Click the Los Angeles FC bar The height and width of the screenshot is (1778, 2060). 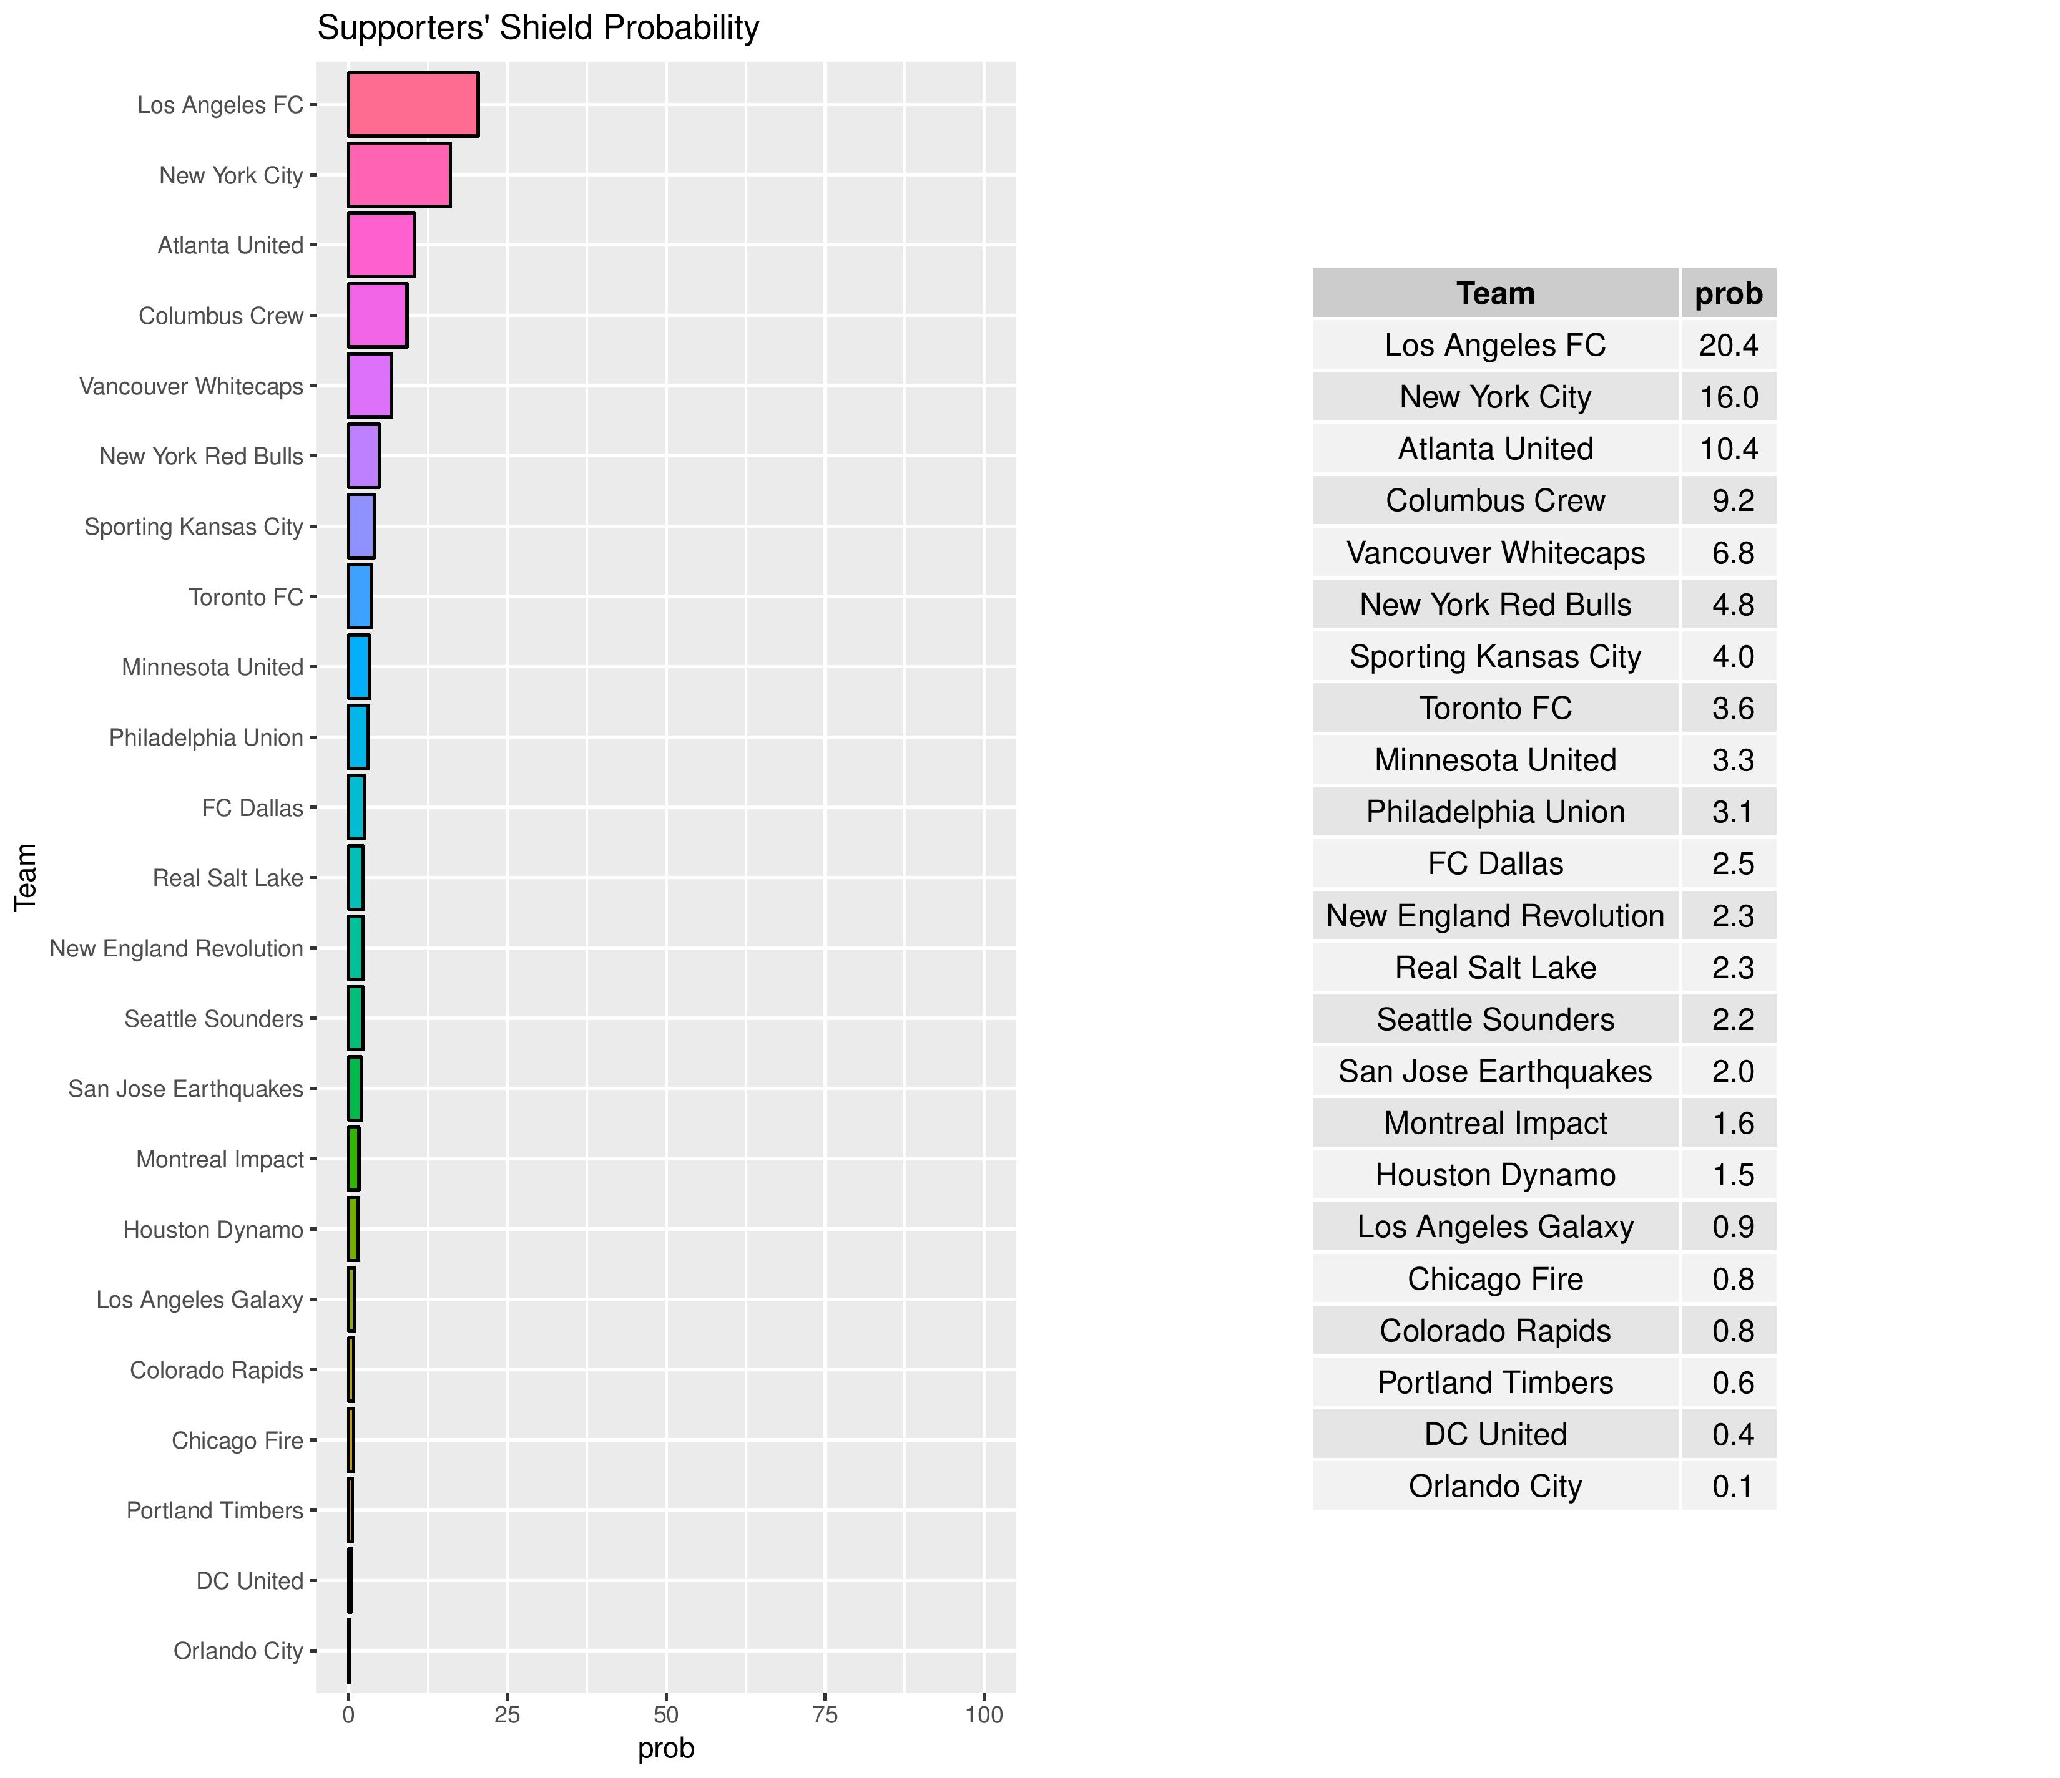(x=413, y=104)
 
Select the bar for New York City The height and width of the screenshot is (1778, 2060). (x=399, y=175)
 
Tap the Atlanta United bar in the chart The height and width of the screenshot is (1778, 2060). (x=381, y=245)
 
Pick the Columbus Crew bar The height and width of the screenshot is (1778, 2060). (x=377, y=315)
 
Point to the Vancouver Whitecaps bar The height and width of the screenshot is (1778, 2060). (x=370, y=386)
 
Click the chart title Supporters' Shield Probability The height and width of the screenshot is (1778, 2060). (x=538, y=28)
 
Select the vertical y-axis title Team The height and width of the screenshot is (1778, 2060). (x=26, y=877)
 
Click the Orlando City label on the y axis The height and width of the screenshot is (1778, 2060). (x=238, y=1651)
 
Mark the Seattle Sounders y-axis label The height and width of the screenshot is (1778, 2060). (x=213, y=1019)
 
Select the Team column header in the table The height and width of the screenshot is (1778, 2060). (x=1495, y=293)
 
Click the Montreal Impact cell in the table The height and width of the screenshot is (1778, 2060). (x=1495, y=1123)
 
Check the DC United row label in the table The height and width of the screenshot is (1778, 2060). (x=1495, y=1434)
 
